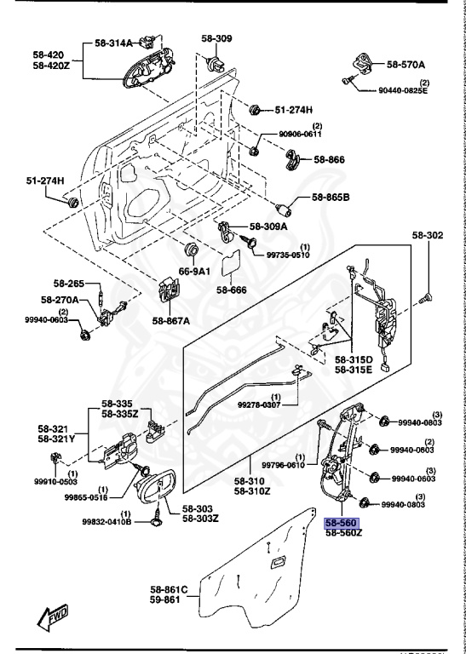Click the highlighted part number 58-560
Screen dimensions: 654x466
(342, 523)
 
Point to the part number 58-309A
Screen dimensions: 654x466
(269, 227)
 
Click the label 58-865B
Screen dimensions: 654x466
(331, 198)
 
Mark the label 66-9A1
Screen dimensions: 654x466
(193, 271)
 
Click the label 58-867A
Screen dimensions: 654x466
(171, 320)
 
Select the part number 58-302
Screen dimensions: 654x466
(429, 234)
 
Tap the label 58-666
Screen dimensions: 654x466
(231, 290)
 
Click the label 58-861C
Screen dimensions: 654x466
(170, 589)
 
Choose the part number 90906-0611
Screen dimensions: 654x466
(301, 135)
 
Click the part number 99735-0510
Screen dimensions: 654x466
(290, 254)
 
